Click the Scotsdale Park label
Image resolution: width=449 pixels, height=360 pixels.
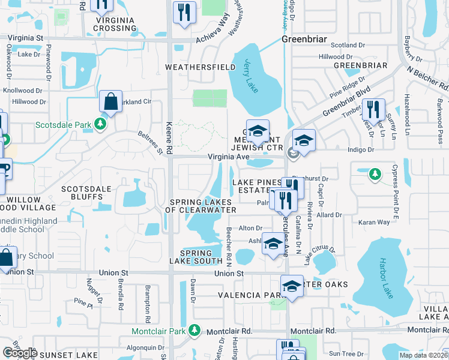pos(63,125)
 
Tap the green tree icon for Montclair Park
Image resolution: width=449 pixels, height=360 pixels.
pos(194,330)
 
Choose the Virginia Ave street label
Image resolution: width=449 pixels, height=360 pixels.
pos(229,157)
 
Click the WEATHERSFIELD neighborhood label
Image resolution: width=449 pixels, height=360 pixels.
pos(200,67)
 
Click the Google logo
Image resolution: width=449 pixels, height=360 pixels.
pos(20,352)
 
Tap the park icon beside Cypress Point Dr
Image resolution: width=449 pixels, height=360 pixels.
pos(375,174)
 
